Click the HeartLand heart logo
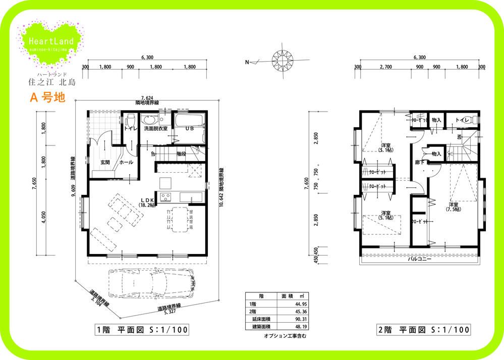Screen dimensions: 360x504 point(51,42)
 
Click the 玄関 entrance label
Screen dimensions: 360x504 point(105,162)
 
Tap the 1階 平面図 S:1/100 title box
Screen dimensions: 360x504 point(142,330)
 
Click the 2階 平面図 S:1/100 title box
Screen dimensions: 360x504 point(423,330)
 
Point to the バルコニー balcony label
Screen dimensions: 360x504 point(419,259)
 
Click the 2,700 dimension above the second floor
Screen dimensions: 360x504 point(385,66)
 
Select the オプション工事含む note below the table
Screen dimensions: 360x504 point(285,335)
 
